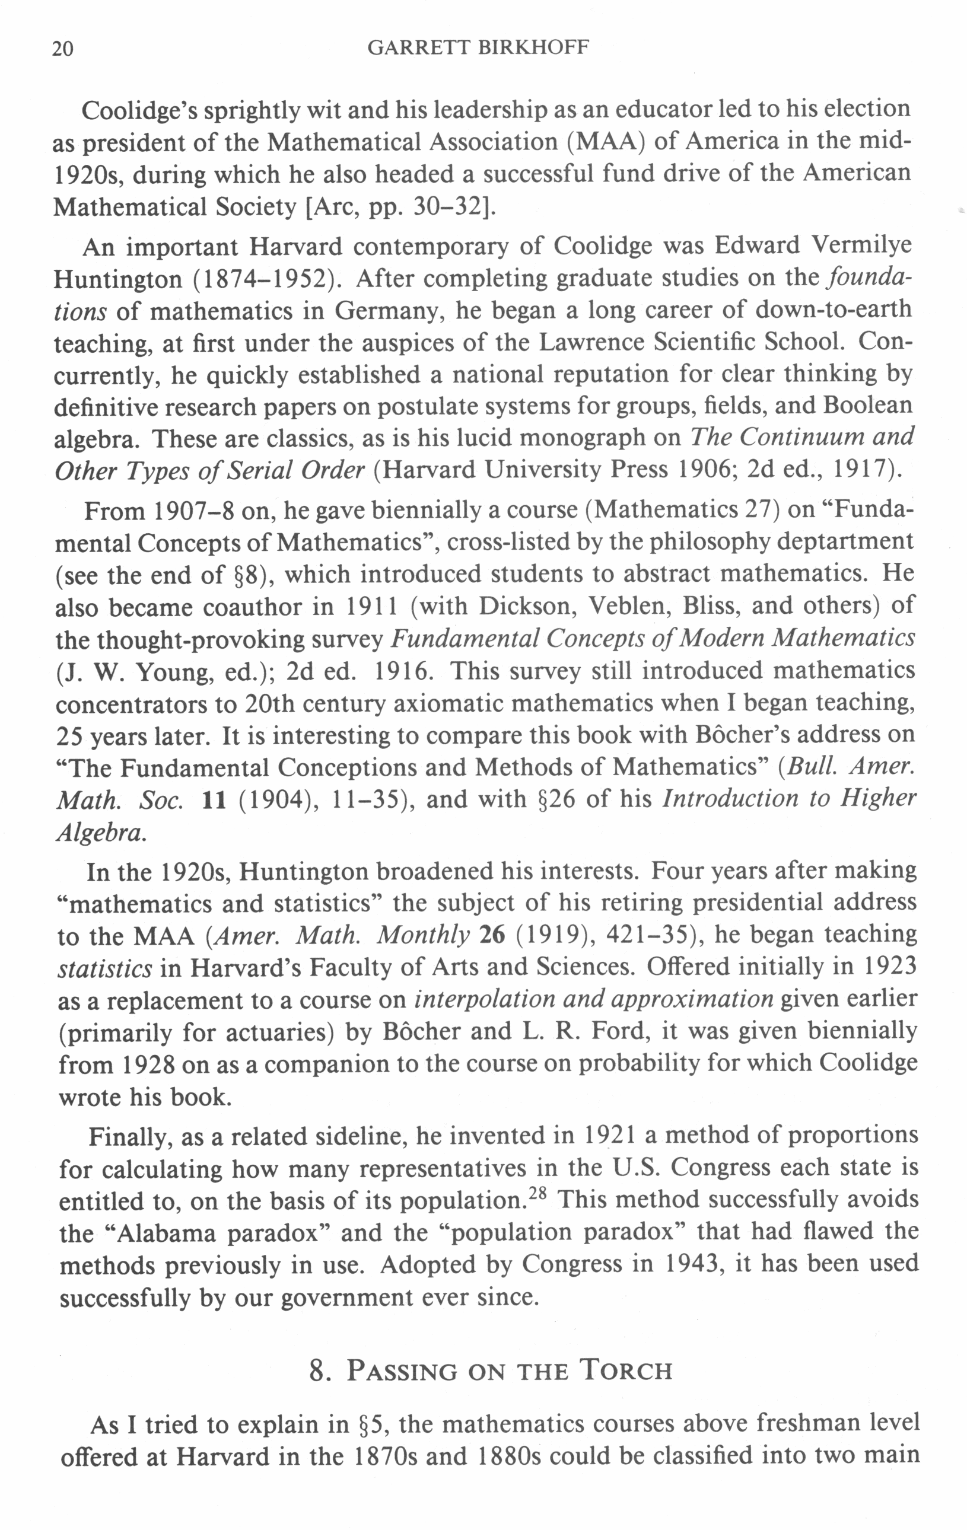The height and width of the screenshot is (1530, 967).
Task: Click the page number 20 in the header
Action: (62, 49)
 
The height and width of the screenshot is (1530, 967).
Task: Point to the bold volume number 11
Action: (214, 800)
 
